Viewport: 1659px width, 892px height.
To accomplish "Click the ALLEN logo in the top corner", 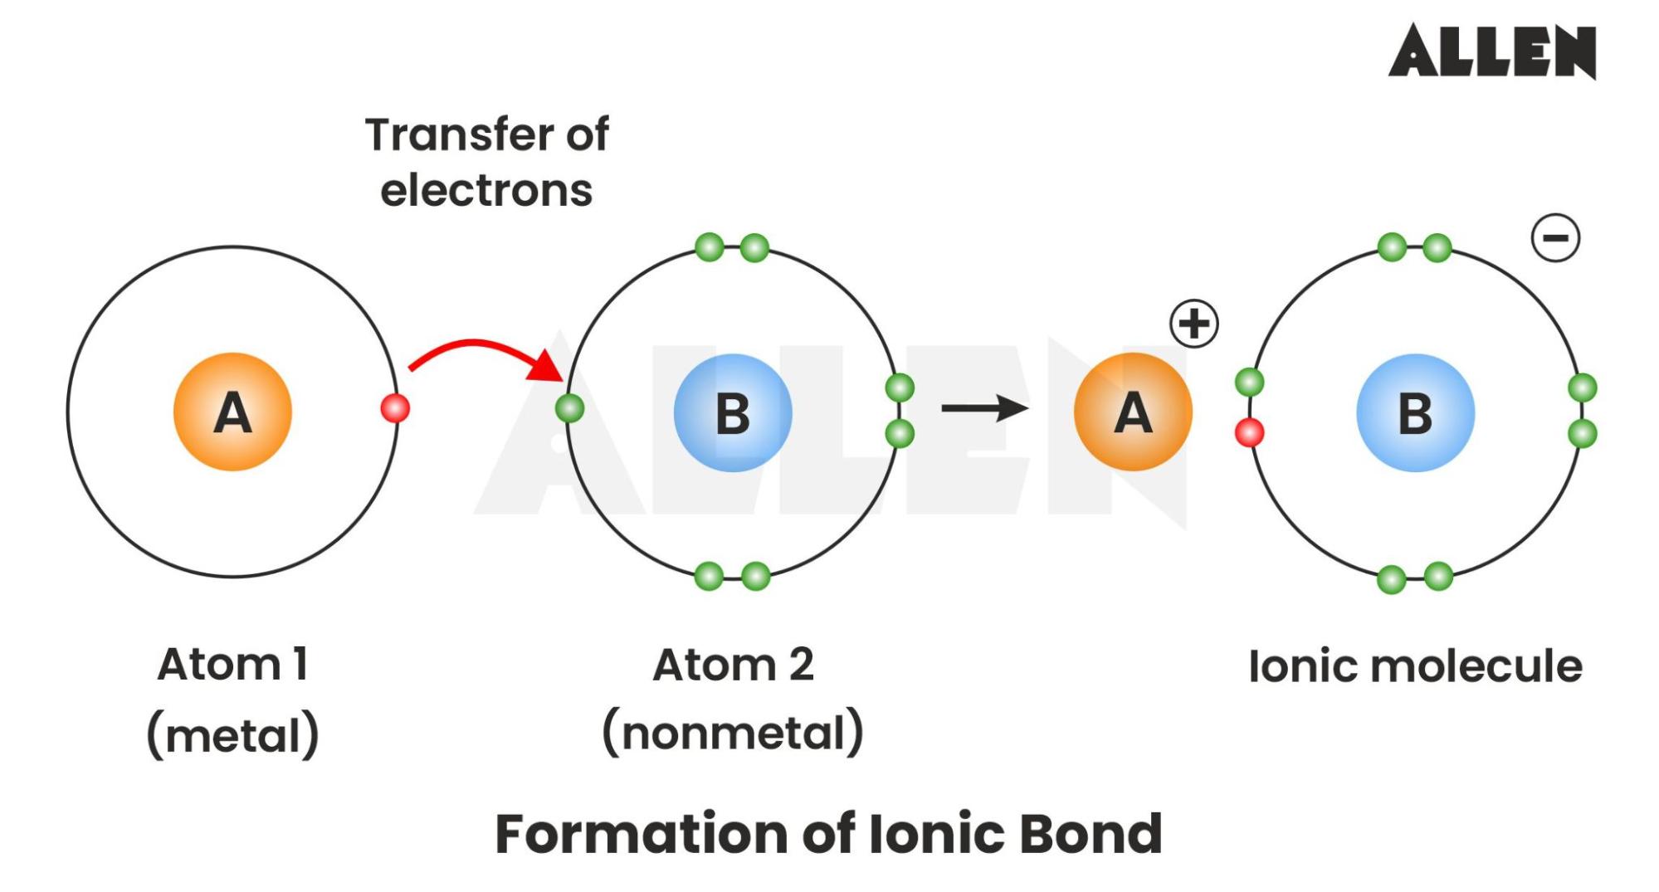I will coord(1491,51).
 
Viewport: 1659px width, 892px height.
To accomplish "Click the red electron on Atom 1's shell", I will coord(395,408).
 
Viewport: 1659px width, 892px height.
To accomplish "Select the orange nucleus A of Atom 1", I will coord(232,412).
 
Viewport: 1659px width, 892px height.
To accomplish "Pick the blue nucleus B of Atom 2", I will coord(733,413).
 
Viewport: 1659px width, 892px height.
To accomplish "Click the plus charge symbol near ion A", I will coord(1194,324).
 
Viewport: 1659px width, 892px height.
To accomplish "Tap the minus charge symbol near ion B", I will coord(1555,238).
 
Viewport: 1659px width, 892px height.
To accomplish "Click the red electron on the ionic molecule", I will coord(1249,432).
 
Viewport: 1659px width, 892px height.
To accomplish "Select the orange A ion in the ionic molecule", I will coord(1133,412).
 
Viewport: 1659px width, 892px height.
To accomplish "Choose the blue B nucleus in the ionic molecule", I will coord(1415,413).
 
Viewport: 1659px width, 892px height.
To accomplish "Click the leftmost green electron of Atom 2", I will coord(569,408).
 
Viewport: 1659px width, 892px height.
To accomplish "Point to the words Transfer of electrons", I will coord(487,162).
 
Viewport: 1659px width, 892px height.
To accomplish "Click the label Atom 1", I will coord(233,665).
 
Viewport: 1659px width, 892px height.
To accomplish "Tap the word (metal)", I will coord(233,735).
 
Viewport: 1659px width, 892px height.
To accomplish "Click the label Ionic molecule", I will coord(1415,666).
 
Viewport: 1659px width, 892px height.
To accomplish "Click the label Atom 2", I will coord(733,665).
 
